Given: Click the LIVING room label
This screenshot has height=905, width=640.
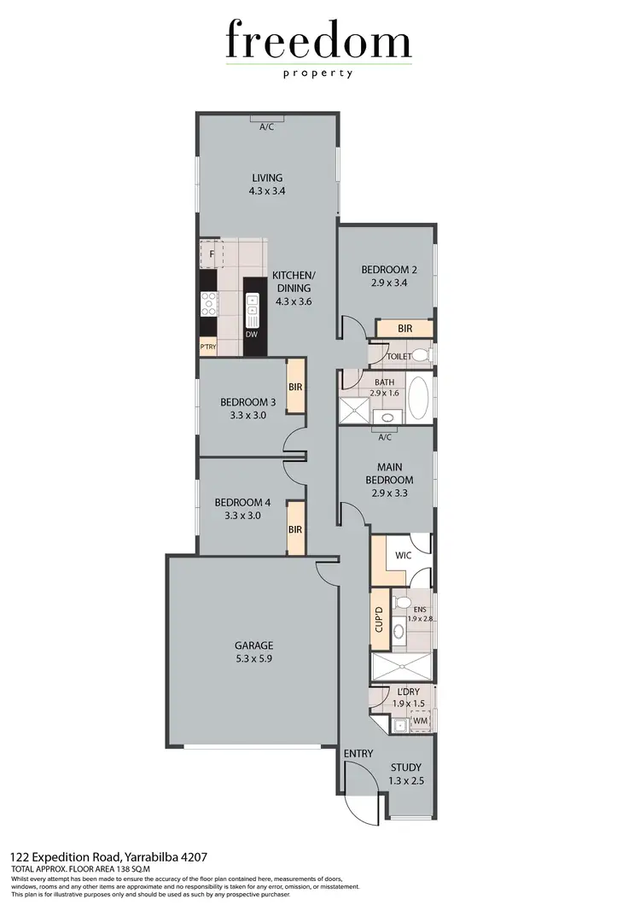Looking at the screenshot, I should coord(267,178).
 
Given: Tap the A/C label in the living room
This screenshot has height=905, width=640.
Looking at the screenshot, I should coord(267,127).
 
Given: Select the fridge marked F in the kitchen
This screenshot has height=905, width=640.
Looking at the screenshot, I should coord(210,254).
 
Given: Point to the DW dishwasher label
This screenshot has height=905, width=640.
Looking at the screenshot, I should coord(251,335).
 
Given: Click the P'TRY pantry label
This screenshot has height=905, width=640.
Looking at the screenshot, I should coord(207,347).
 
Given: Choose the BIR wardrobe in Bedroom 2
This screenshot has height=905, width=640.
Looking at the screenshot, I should coord(405,329).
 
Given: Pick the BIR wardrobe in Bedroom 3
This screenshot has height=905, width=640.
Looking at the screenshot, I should coord(295,387).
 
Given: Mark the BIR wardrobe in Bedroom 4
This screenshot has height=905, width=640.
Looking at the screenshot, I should coord(295,529).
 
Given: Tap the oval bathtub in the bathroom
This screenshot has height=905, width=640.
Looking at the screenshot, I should coord(420,399).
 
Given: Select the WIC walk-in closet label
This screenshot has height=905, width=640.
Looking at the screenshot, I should coord(404,556).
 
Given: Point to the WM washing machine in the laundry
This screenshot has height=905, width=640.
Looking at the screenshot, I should coord(419,721).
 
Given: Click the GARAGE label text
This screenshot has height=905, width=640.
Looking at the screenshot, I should coord(255,646).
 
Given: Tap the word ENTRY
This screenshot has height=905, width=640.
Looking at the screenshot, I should coord(358,754).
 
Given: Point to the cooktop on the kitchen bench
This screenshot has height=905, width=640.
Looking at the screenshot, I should coord(209,301).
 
